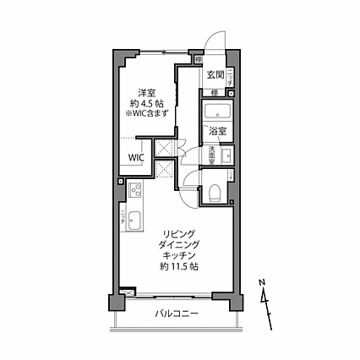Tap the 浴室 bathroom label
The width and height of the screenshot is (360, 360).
pos(216,131)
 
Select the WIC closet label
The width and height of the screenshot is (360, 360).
pos(136,157)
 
